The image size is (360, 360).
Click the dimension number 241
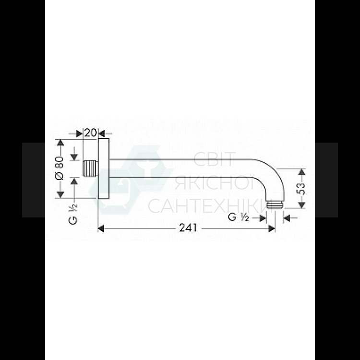coord(188,228)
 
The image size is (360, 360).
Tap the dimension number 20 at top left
coord(91,132)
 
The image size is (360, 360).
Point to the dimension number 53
coord(301,189)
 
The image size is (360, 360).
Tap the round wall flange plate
coord(103,169)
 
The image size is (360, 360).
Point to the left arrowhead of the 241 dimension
coord(101,228)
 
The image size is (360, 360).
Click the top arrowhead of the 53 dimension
coord(301,172)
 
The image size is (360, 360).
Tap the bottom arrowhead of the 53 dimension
coord(301,205)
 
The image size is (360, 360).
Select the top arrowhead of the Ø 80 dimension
coord(60,143)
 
